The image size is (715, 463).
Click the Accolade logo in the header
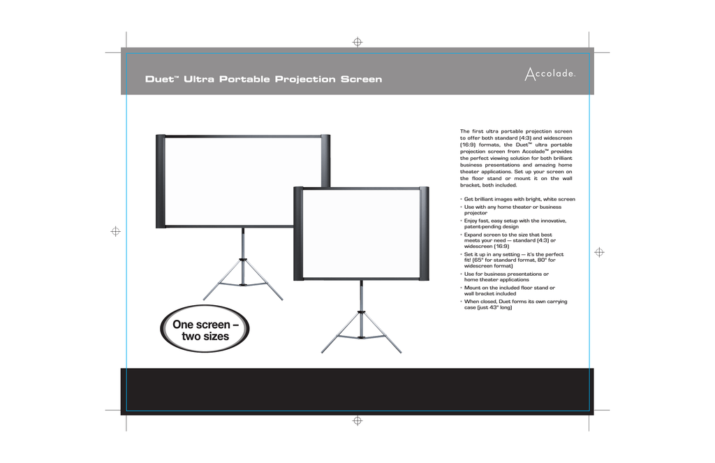click(550, 74)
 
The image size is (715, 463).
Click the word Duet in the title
click(160, 80)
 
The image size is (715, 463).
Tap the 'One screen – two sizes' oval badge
click(205, 328)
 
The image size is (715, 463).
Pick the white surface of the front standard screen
click(361, 233)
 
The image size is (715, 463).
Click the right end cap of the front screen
click(424, 233)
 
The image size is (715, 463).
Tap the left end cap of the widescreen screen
click(161, 181)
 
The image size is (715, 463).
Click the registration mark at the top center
click(357, 42)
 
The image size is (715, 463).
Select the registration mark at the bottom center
click(357, 420)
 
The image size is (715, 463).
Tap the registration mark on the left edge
click(116, 231)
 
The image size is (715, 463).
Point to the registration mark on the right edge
click(599, 252)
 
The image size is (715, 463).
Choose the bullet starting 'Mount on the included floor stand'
click(508, 291)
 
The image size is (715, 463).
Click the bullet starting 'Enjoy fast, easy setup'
click(513, 223)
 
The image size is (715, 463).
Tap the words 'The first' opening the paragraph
click(471, 131)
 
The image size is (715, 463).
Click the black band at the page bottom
click(357, 391)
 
